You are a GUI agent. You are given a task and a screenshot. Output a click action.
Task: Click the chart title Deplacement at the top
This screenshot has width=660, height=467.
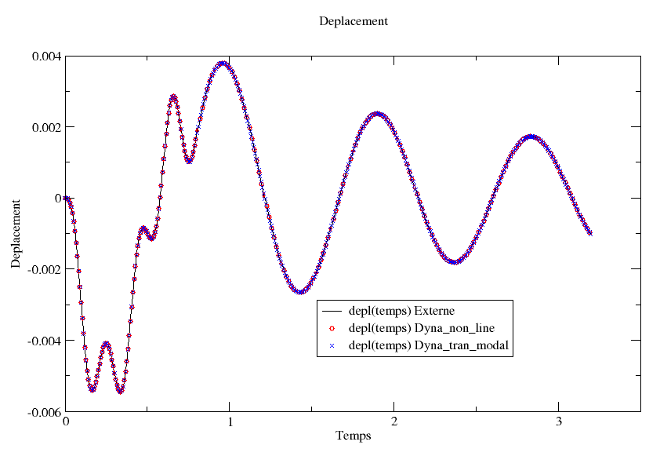point(353,21)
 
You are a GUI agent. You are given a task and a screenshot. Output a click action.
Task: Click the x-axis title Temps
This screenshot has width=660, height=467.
point(353,436)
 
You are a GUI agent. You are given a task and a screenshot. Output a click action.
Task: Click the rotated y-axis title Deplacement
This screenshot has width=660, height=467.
point(16,233)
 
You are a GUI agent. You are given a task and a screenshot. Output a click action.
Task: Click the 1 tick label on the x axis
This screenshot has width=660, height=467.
point(230,422)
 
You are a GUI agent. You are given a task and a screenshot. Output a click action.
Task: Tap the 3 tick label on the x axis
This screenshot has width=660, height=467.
point(559,422)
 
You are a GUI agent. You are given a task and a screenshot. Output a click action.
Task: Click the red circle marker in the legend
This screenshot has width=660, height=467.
point(332,328)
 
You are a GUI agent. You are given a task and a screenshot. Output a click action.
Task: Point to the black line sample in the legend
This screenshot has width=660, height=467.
point(332,311)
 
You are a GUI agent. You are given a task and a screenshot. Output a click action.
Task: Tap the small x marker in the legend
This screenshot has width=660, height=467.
point(332,345)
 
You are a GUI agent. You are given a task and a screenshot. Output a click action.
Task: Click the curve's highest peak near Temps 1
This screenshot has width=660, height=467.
point(223,63)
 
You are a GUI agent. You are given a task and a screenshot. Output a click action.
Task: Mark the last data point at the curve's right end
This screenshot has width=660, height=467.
point(590,233)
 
